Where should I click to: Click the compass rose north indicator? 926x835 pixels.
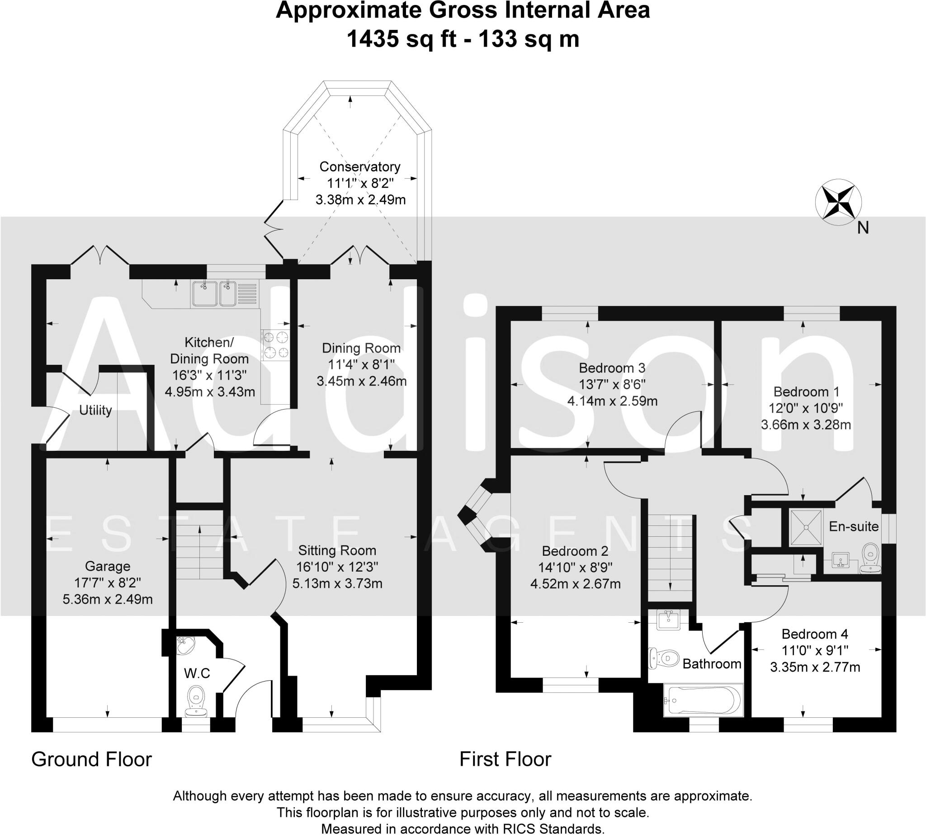click(x=838, y=202)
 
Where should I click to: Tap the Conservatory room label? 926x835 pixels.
click(x=360, y=167)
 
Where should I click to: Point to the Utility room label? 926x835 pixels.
click(x=95, y=410)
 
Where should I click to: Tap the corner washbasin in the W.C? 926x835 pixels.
click(x=186, y=646)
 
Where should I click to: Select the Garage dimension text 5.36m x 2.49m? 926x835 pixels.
click(x=108, y=599)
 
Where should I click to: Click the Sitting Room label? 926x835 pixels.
click(x=337, y=550)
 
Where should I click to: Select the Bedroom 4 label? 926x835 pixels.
click(x=815, y=634)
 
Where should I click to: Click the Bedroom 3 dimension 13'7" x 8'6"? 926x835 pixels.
click(x=613, y=385)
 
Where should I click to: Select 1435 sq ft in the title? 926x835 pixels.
click(x=401, y=38)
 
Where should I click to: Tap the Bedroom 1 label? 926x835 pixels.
click(x=806, y=392)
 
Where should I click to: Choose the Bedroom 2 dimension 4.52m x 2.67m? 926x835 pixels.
click(x=575, y=584)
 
